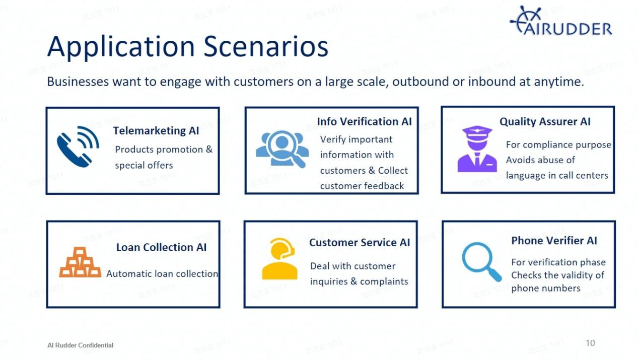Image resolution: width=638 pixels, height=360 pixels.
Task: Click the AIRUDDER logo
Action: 561,22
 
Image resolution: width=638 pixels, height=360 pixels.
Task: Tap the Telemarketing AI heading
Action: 156,131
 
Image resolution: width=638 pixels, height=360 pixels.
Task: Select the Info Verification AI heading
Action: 364,122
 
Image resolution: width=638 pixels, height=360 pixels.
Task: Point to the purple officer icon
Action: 476,149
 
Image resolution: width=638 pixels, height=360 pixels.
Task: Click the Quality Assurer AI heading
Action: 545,122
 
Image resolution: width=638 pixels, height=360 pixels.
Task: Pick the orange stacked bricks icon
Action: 80,262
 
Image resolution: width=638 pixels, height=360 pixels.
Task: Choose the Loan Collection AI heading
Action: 161,247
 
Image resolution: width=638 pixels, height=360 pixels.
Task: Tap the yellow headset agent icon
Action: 279,259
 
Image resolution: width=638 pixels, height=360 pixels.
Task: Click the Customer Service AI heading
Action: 360,243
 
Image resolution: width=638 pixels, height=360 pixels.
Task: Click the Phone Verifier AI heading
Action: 554,241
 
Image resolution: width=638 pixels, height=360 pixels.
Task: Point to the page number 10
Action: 590,343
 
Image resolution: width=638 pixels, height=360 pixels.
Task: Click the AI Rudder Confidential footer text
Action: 81,345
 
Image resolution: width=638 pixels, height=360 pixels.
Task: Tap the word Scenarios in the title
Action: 266,46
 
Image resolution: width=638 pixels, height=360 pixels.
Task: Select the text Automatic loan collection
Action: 162,274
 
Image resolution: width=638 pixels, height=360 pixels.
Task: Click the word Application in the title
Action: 121,46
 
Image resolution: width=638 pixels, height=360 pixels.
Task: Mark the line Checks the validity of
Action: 557,275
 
